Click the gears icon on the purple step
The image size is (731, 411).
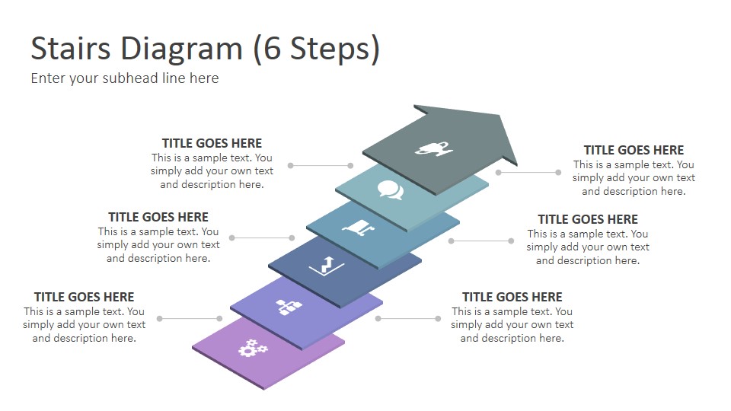253,348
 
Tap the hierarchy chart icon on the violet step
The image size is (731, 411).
289,307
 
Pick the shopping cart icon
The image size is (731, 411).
359,228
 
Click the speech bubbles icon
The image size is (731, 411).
391,190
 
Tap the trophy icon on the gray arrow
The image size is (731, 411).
433,148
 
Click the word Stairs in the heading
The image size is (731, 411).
71,48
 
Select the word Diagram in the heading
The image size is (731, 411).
182,49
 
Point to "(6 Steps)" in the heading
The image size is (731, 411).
317,49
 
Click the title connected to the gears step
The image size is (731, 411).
84,297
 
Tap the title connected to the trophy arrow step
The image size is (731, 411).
634,150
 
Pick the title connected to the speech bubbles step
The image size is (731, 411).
212,143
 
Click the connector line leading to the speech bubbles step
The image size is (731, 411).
321,165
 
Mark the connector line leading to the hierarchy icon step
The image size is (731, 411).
408,319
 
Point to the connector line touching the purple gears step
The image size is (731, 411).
190,319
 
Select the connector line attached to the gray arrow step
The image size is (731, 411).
528,173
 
